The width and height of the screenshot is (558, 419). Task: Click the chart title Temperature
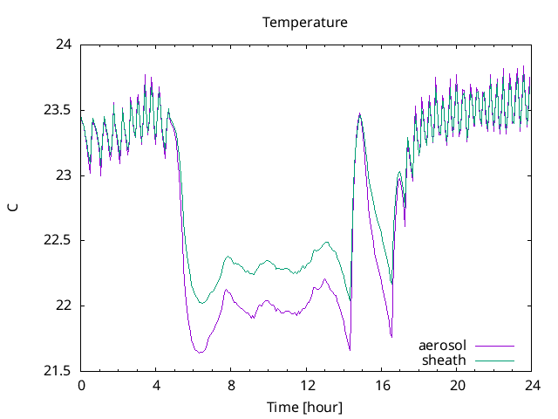(305, 22)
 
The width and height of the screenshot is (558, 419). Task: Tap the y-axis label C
(12, 208)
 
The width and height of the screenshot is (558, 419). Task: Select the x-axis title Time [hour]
(305, 408)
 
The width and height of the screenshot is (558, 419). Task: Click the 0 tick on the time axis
(81, 385)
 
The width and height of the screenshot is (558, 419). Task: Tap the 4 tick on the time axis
(156, 385)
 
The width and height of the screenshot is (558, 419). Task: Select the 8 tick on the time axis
(231, 385)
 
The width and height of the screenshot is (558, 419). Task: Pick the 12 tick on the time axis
(306, 385)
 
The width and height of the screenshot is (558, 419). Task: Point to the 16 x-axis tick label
(381, 385)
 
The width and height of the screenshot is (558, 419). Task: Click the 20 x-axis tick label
(456, 385)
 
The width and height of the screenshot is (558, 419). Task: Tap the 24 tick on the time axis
(531, 385)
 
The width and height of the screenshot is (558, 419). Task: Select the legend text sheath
(445, 360)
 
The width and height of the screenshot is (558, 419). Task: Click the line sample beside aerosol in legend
(493, 346)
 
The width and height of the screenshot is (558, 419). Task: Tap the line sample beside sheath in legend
(493, 360)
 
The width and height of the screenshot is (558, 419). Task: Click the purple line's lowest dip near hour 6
(200, 353)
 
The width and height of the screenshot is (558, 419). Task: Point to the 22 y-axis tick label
(65, 306)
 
